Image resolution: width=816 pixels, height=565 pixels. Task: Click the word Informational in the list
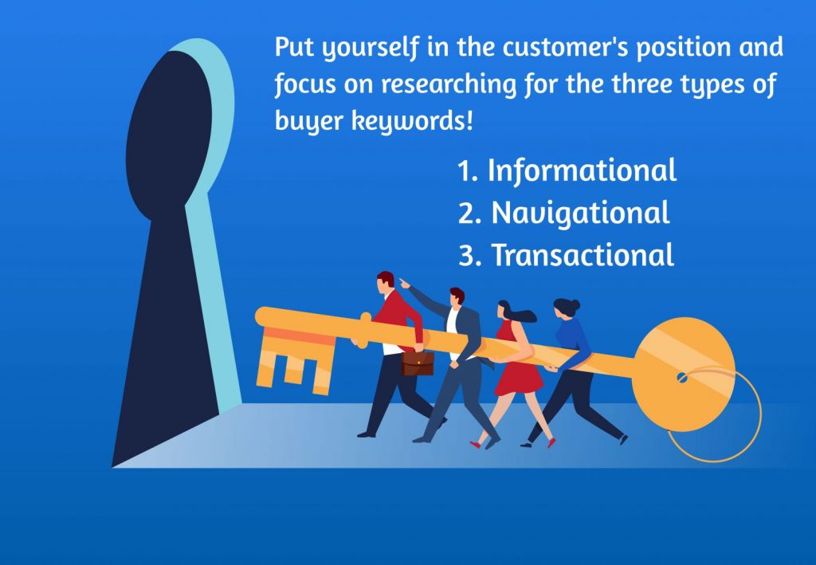tap(582, 171)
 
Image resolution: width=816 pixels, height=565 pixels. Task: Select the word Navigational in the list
tap(580, 213)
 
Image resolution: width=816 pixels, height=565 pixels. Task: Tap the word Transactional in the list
tap(583, 255)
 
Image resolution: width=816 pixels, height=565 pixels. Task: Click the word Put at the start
tap(293, 47)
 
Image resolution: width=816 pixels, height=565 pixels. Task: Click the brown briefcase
tap(418, 363)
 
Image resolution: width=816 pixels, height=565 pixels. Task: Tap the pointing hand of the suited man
tap(403, 281)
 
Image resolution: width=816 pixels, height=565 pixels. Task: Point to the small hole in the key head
tap(682, 375)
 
